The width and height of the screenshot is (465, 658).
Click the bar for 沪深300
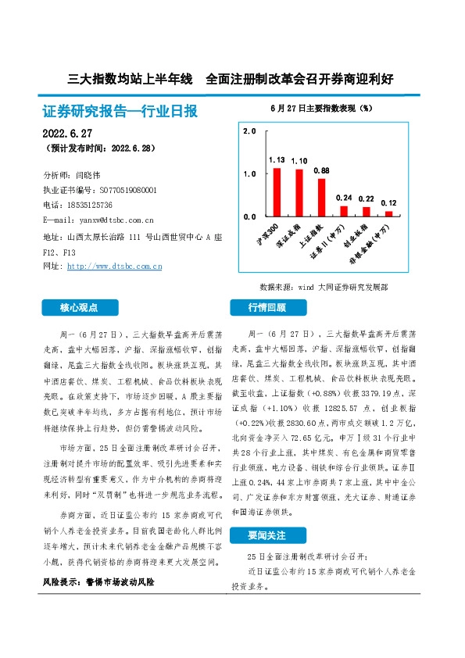click(x=277, y=191)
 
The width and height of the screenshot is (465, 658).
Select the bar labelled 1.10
click(x=299, y=192)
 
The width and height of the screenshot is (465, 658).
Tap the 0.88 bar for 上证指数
click(x=321, y=197)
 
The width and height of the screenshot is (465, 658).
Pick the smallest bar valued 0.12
click(x=388, y=213)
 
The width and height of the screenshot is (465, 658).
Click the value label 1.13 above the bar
click(x=277, y=159)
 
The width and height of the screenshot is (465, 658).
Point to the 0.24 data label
click(x=344, y=198)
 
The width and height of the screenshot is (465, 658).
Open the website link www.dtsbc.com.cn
click(x=115, y=267)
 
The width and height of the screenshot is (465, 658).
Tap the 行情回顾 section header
click(x=267, y=307)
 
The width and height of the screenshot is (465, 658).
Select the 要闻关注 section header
click(x=267, y=535)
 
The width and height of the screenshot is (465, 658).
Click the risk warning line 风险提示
click(x=98, y=582)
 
